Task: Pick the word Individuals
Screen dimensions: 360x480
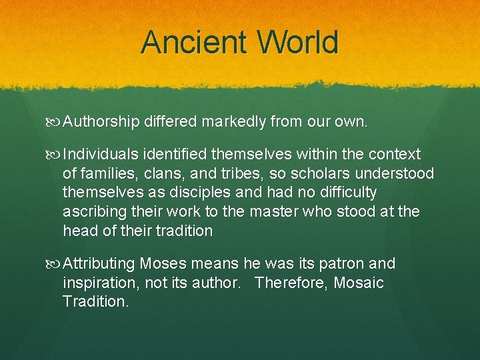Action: [102, 155]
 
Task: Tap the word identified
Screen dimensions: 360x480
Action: [176, 155]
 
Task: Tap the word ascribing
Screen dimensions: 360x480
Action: [91, 212]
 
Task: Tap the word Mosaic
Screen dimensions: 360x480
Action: [359, 283]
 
